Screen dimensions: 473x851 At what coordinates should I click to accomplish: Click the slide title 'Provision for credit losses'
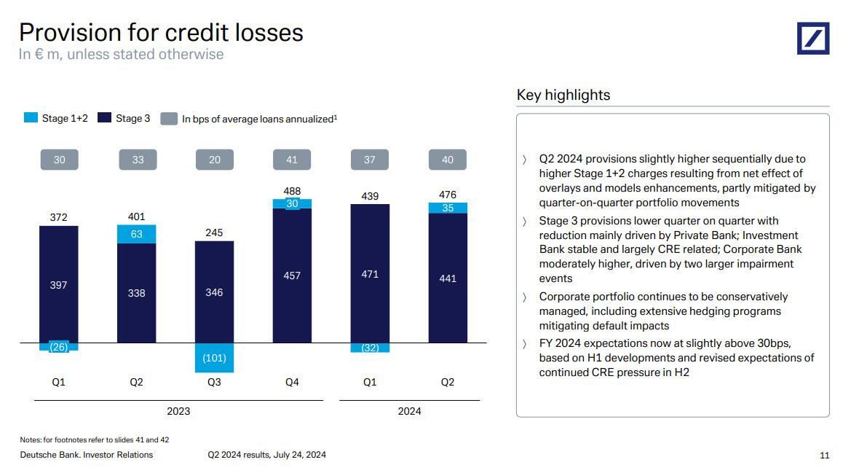point(161,32)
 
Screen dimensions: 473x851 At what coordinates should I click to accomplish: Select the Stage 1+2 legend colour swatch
point(31,118)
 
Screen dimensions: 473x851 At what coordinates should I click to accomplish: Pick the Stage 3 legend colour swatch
point(104,118)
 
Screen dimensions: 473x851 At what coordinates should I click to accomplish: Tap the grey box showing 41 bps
point(292,160)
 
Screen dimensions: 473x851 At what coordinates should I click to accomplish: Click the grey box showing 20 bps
point(214,160)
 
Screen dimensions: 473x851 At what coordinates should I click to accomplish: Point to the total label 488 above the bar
point(292,192)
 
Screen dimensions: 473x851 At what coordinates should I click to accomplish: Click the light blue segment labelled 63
point(136,234)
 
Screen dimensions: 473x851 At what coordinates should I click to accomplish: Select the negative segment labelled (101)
point(214,357)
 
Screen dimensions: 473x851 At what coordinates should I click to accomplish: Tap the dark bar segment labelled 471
point(370,273)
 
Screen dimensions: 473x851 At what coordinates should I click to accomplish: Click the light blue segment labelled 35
point(448,208)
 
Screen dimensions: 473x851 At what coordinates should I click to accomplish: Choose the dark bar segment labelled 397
point(59,284)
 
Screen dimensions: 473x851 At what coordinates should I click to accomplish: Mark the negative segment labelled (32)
point(370,348)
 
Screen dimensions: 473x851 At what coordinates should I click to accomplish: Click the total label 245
point(214,232)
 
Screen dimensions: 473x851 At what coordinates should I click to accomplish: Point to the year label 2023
point(178,411)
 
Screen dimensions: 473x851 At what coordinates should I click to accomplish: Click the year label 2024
point(409,411)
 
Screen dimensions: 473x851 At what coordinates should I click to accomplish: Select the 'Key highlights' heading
point(563,95)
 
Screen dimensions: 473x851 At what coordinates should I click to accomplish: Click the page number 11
point(824,456)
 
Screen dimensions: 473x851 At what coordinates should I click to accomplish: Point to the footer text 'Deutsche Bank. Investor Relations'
point(86,455)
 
